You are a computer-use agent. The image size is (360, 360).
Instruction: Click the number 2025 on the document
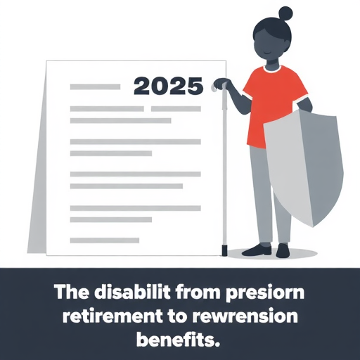(x=168, y=86)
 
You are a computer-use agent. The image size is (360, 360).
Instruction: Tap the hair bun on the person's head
(x=285, y=13)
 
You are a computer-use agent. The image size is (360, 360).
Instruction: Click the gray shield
(x=304, y=167)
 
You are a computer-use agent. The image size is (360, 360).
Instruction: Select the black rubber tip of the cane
(x=224, y=250)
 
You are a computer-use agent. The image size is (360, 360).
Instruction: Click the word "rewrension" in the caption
(x=244, y=316)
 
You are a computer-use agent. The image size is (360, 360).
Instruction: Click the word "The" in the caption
(x=72, y=292)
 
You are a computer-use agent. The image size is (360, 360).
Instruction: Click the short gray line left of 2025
(x=95, y=87)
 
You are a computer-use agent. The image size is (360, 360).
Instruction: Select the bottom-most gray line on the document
(x=105, y=240)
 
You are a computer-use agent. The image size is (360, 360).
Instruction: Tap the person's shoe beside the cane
(x=257, y=250)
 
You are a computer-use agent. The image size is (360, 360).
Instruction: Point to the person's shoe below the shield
(x=283, y=251)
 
